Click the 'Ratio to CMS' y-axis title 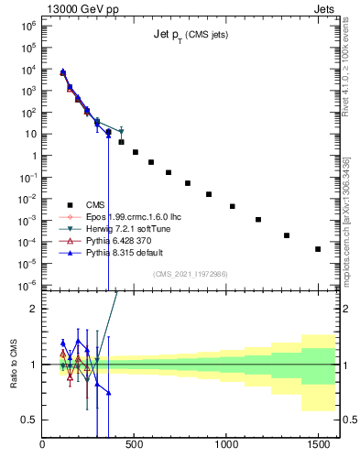[x=13, y=364]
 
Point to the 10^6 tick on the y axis [x=30, y=27]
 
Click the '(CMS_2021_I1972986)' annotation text [x=190, y=274]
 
